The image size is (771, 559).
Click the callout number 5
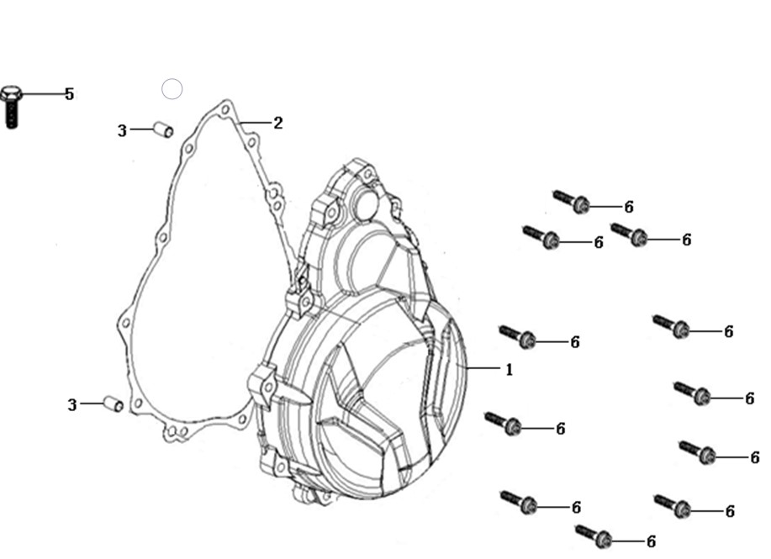[69, 94]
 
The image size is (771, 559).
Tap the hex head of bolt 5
[11, 93]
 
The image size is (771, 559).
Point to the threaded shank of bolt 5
[12, 115]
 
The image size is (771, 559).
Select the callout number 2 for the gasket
[277, 123]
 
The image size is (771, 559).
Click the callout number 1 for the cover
[509, 369]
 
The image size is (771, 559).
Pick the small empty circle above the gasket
[172, 89]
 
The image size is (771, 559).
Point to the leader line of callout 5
[42, 93]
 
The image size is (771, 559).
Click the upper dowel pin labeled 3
[163, 129]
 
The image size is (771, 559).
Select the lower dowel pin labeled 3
[114, 403]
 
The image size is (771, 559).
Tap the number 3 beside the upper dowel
[122, 131]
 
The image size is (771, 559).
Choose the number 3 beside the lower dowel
[72, 405]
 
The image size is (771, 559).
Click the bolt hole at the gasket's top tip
[225, 109]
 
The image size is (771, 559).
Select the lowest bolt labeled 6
[594, 536]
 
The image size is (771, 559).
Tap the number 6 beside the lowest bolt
[651, 542]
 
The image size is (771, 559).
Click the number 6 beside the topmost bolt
[629, 207]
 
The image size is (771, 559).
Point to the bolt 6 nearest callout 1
[517, 337]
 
